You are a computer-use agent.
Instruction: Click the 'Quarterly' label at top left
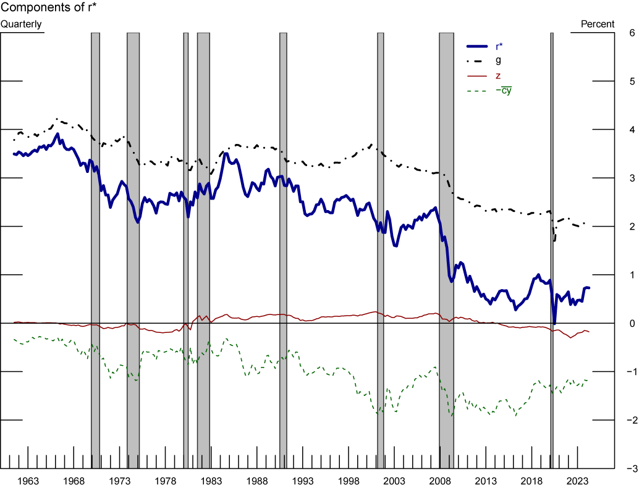click(x=22, y=24)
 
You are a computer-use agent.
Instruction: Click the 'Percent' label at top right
click(x=598, y=24)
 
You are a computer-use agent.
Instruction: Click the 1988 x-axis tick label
click(x=256, y=481)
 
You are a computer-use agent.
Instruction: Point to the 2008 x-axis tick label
click(x=440, y=481)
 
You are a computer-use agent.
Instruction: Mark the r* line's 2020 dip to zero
click(x=554, y=322)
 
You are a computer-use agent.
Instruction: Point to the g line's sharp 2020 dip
click(x=554, y=239)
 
